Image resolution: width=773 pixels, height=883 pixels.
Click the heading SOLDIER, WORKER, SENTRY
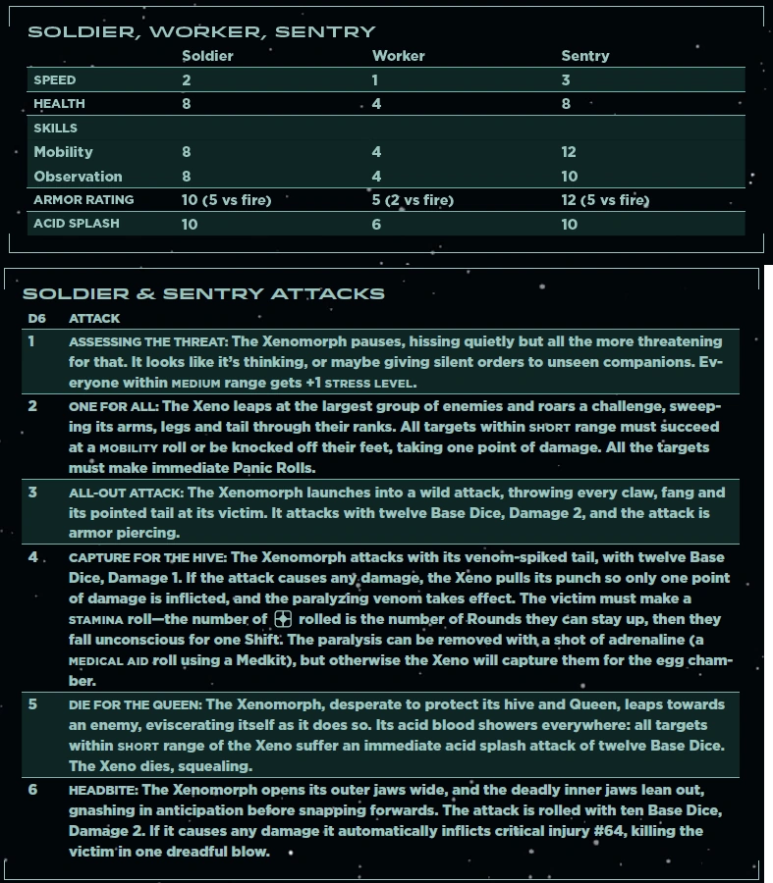(x=201, y=32)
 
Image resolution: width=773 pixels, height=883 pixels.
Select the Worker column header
(x=398, y=56)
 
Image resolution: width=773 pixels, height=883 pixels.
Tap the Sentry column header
(x=584, y=56)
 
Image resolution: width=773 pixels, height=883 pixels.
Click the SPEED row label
(x=54, y=79)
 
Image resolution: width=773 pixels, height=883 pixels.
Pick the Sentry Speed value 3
(x=566, y=79)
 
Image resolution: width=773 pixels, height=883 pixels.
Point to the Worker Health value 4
(x=376, y=103)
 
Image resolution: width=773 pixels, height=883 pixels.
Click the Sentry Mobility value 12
(x=568, y=152)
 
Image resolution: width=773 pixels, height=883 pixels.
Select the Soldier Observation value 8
(x=187, y=177)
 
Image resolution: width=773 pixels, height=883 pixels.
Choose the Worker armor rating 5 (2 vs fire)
(x=413, y=200)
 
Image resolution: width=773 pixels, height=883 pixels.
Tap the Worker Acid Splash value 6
(x=376, y=224)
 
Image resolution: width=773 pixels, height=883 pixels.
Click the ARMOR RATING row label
(x=83, y=200)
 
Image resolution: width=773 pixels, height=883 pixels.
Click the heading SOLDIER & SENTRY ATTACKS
(x=203, y=293)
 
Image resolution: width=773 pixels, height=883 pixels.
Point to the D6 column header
(x=36, y=319)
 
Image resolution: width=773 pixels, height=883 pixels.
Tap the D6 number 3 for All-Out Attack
(x=32, y=492)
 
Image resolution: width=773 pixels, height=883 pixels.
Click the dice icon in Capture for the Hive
(x=282, y=619)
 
